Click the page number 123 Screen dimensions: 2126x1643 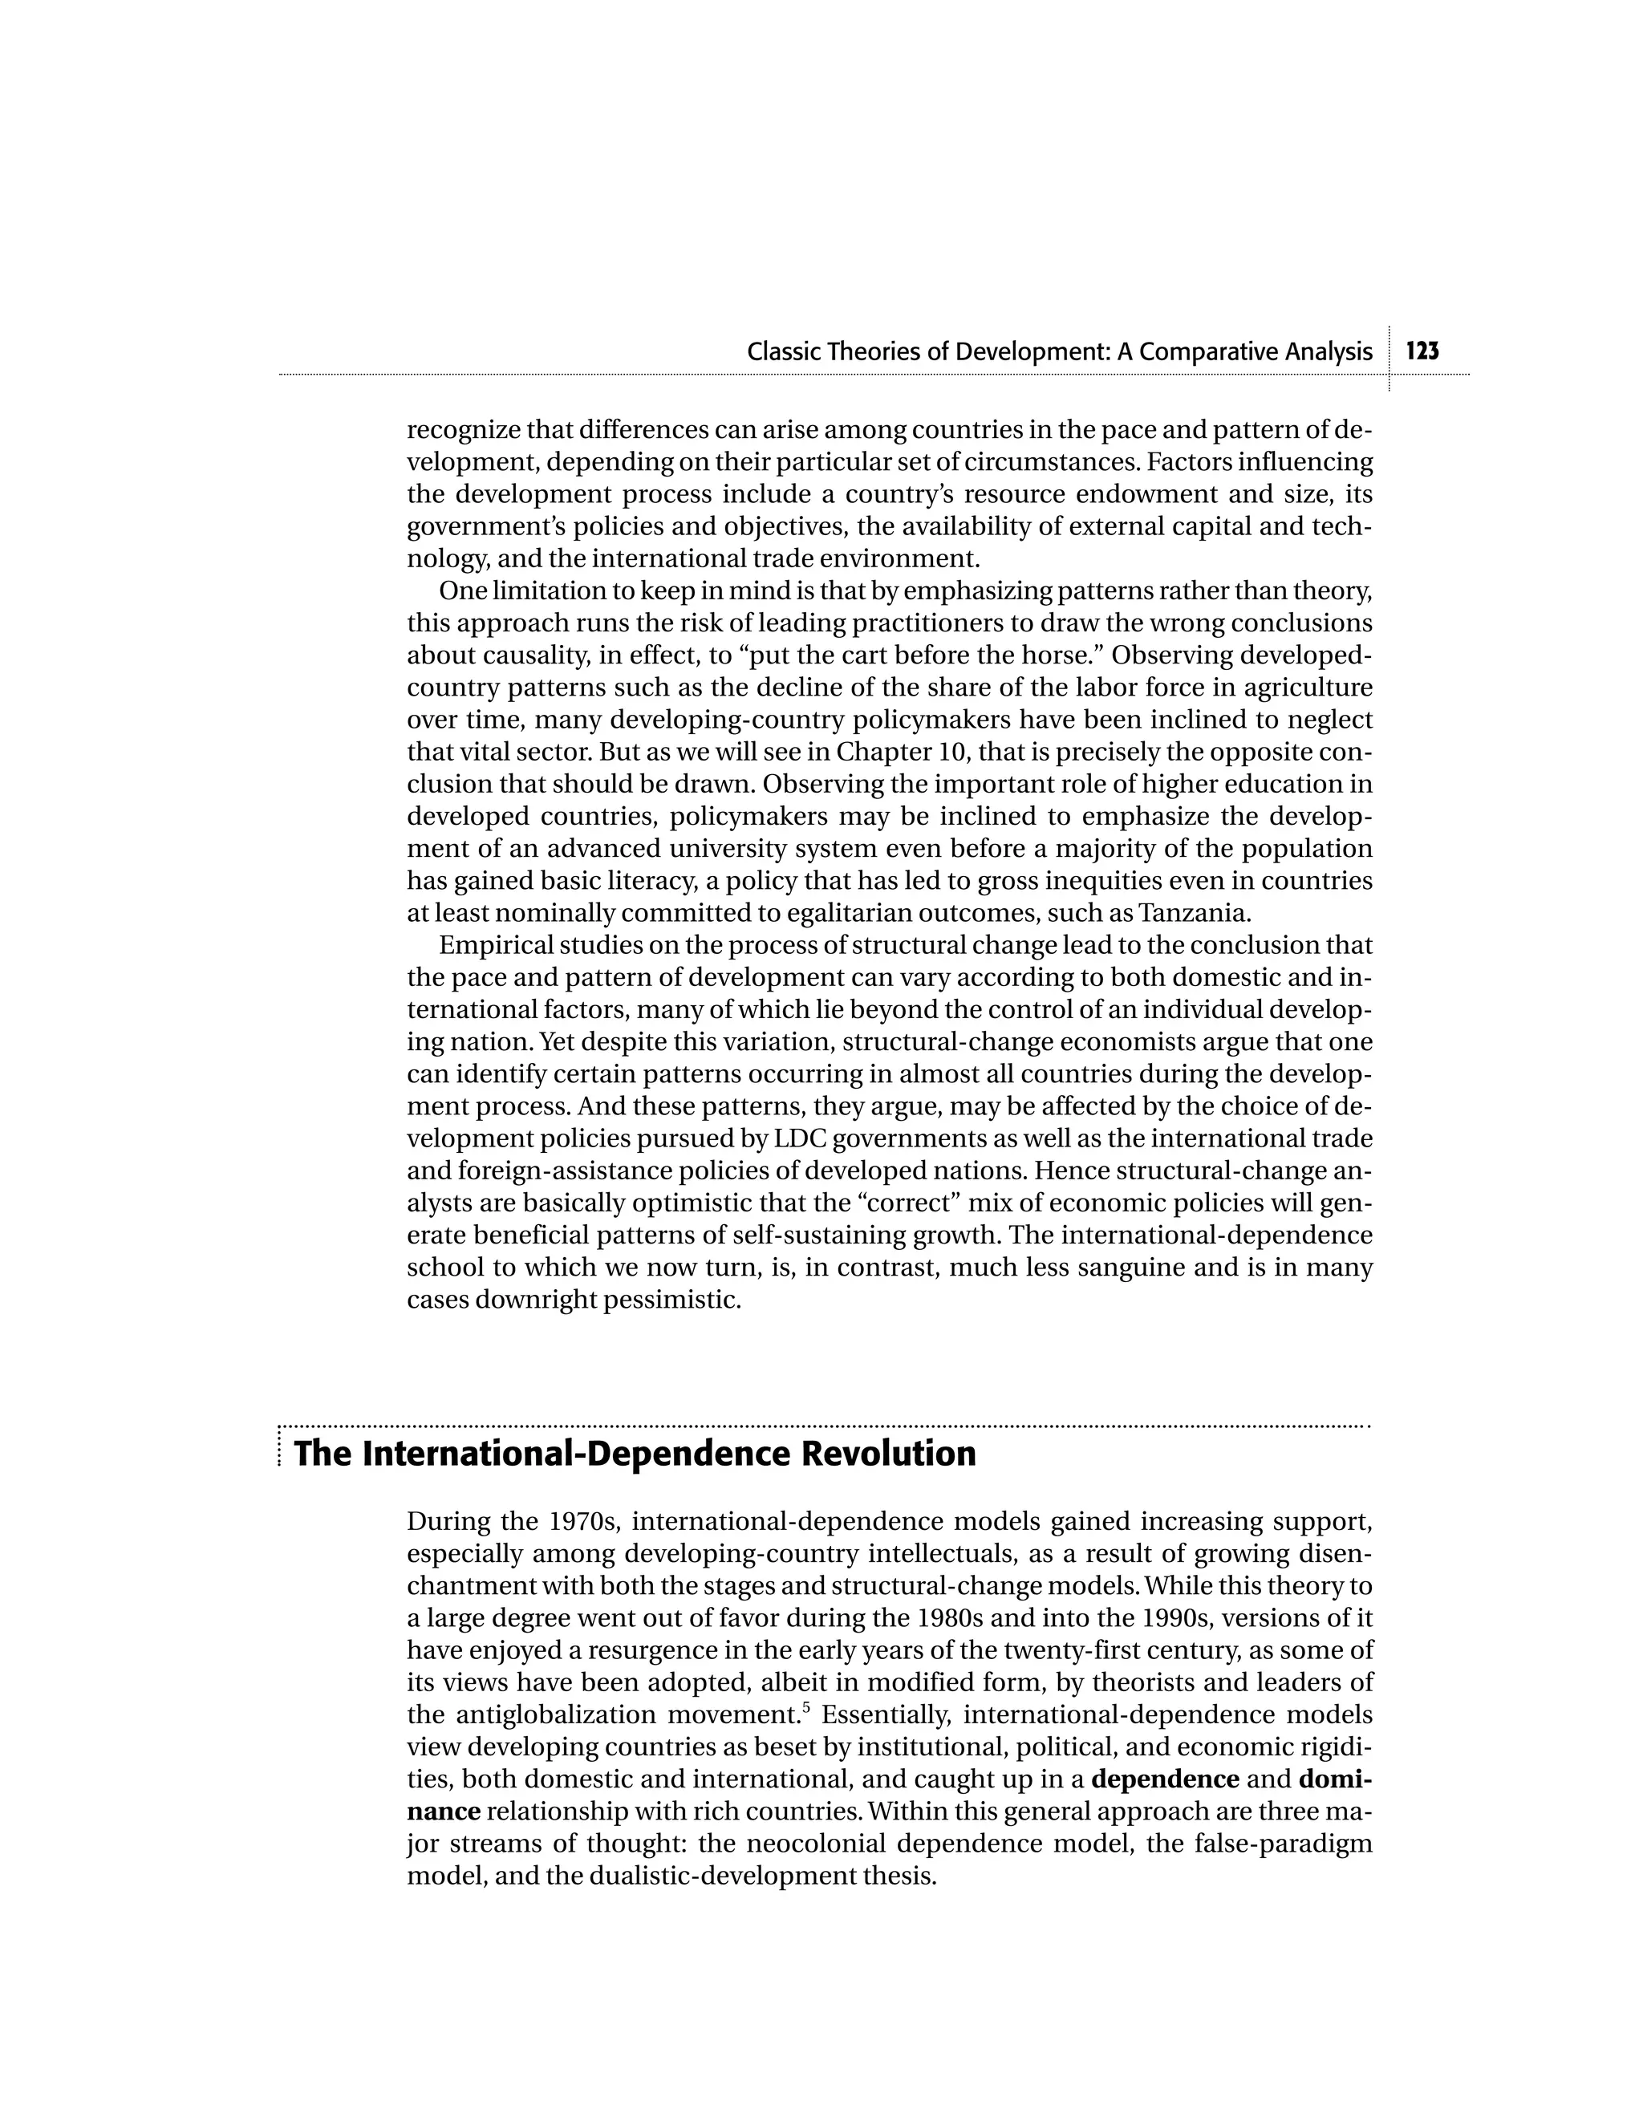pos(1422,351)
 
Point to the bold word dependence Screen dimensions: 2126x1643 pos(1165,1779)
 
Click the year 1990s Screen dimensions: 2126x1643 pos(1207,1618)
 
